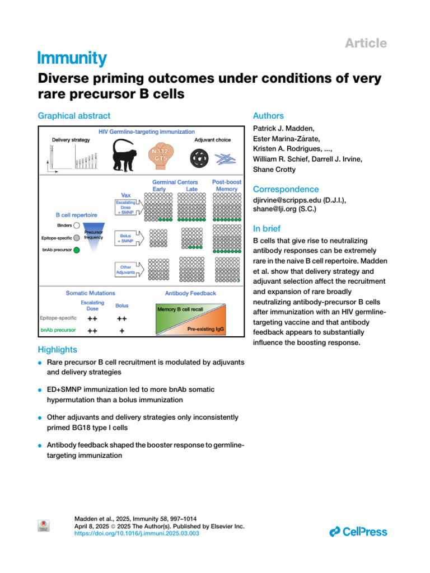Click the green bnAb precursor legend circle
(x=77, y=250)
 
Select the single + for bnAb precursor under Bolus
(x=121, y=331)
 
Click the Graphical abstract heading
(x=74, y=116)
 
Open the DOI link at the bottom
(x=137, y=534)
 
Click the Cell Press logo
(x=358, y=531)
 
